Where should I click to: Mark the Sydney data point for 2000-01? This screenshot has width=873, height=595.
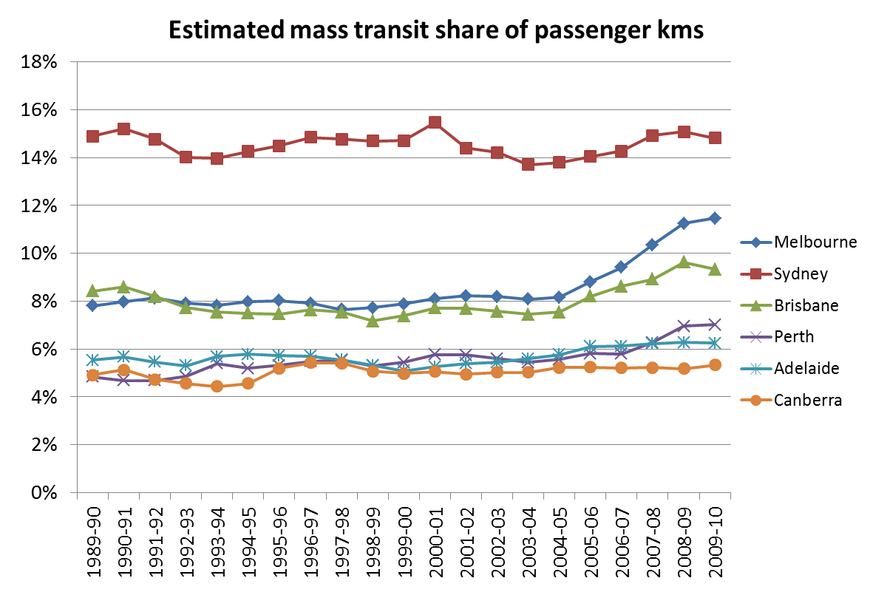(x=435, y=123)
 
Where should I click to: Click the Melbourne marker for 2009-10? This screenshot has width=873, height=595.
(x=715, y=218)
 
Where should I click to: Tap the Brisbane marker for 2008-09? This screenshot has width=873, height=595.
(x=684, y=262)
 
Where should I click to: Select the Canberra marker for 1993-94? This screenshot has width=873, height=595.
(x=217, y=386)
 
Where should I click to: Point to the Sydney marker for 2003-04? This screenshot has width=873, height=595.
(x=528, y=164)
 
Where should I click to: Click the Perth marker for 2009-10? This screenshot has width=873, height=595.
(x=715, y=324)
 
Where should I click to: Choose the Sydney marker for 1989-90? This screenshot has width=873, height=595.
(x=92, y=136)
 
